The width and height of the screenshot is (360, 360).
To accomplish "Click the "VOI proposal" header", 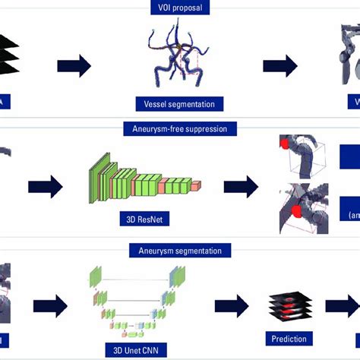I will point(179,8).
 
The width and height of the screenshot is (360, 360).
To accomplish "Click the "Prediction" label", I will point(289,338).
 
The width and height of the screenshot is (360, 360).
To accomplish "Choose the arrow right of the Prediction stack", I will point(340,305).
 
